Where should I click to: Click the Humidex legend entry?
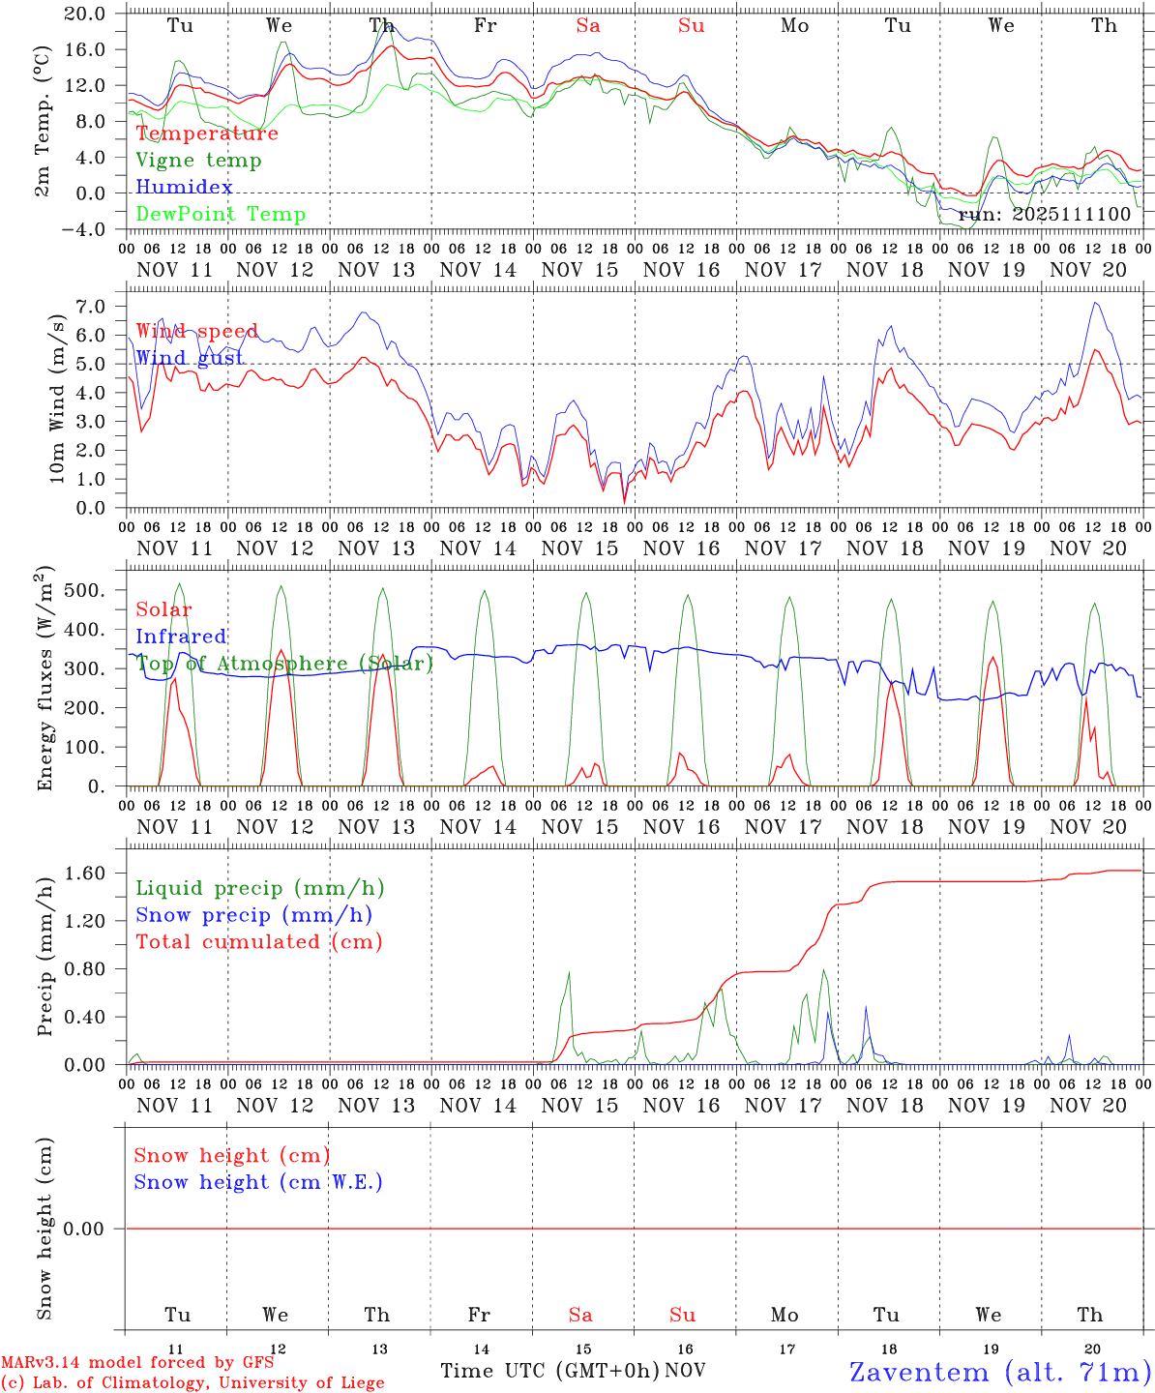pos(184,188)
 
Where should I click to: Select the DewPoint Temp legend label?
pos(221,215)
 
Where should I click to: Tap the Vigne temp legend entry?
pos(198,161)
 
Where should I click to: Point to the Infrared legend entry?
pos(181,637)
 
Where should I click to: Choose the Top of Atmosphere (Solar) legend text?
pos(284,664)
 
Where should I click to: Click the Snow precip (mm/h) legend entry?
pos(253,915)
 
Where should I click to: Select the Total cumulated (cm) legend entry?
pos(258,942)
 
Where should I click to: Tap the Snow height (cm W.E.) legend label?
pos(258,1182)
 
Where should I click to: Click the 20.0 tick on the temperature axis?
pos(86,14)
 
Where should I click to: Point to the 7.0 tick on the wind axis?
pos(89,307)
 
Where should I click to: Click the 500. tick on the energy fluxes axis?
pos(84,590)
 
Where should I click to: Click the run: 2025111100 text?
pos(1045,214)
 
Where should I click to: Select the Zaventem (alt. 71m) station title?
pos(1000,1372)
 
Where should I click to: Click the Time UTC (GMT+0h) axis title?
pos(550,1371)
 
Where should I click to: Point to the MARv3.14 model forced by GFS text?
pos(137,1362)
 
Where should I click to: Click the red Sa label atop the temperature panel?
pos(588,26)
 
